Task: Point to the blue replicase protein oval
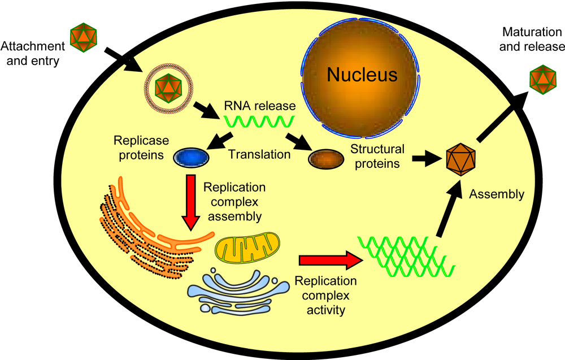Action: [191, 157]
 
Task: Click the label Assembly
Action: [497, 194]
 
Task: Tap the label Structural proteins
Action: [377, 156]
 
